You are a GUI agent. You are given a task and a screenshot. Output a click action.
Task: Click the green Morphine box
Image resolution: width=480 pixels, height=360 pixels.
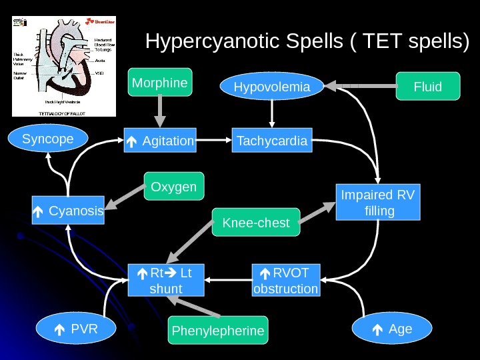coord(161,83)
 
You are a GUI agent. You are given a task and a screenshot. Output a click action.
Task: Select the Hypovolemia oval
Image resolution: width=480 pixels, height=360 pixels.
coord(272,87)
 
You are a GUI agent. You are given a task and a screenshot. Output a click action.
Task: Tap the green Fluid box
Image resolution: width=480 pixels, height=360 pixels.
coord(428,87)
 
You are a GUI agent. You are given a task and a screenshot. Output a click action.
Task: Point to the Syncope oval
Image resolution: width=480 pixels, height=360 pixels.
coord(48,139)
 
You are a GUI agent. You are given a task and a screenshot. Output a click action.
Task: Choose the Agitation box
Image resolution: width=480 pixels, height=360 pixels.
coord(160,141)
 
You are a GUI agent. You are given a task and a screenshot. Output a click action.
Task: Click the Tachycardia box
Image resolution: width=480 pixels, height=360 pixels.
coord(272,141)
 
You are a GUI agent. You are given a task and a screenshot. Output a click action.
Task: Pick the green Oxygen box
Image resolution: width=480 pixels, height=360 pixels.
coord(174,187)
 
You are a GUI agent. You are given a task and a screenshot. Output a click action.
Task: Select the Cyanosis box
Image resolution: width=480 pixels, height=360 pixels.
coord(68,211)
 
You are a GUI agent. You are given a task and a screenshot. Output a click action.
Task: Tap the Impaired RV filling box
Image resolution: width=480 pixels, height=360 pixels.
coord(378,203)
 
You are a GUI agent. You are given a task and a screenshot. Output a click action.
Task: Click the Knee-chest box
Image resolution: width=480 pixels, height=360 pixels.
coord(256,223)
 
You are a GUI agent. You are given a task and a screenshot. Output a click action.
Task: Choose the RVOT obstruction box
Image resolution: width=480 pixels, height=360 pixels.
coord(286,280)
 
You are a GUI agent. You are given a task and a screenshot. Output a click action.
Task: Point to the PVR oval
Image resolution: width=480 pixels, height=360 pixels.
coord(75,328)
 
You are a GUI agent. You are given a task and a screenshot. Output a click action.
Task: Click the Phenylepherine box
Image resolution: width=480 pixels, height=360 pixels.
coord(218,331)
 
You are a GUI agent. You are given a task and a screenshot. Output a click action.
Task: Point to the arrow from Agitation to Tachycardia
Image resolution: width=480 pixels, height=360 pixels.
coord(213,141)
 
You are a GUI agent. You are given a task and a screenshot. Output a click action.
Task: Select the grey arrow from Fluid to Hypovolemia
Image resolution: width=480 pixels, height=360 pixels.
coord(360,86)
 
